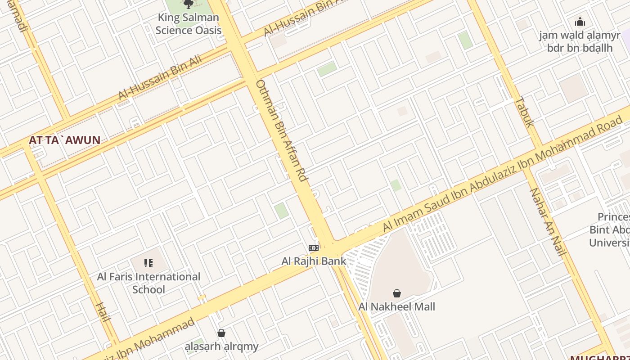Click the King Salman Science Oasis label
[189, 24]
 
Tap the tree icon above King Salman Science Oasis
[189, 4]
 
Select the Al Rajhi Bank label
[314, 261]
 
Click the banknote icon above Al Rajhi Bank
[314, 247]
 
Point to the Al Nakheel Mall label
[396, 307]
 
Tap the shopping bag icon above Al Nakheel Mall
[396, 293]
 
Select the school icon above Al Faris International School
[148, 263]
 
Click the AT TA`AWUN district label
[64, 140]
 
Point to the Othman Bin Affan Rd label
[281, 130]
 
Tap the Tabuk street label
[524, 112]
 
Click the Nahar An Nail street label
[547, 221]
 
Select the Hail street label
[103, 312]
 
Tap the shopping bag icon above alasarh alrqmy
[221, 333]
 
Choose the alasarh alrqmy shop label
[222, 346]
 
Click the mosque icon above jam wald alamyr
[580, 22]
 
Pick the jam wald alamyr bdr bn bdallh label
[580, 41]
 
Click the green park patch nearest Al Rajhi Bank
[281, 211]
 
